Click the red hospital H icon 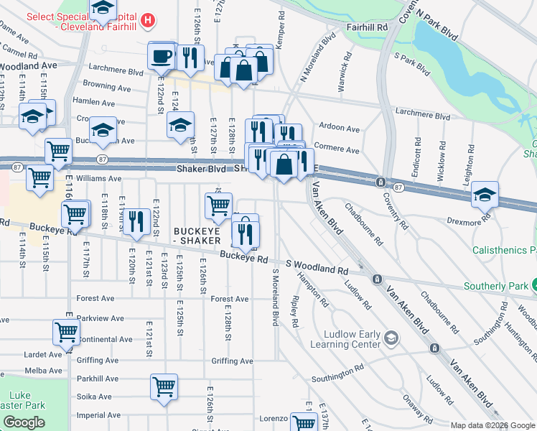click(148, 20)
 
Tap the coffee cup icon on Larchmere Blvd click(162, 55)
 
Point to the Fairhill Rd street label click(366, 27)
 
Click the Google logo click(24, 422)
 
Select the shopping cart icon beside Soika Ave click(164, 386)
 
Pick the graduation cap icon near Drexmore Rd click(485, 195)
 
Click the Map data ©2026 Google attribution click(492, 425)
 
